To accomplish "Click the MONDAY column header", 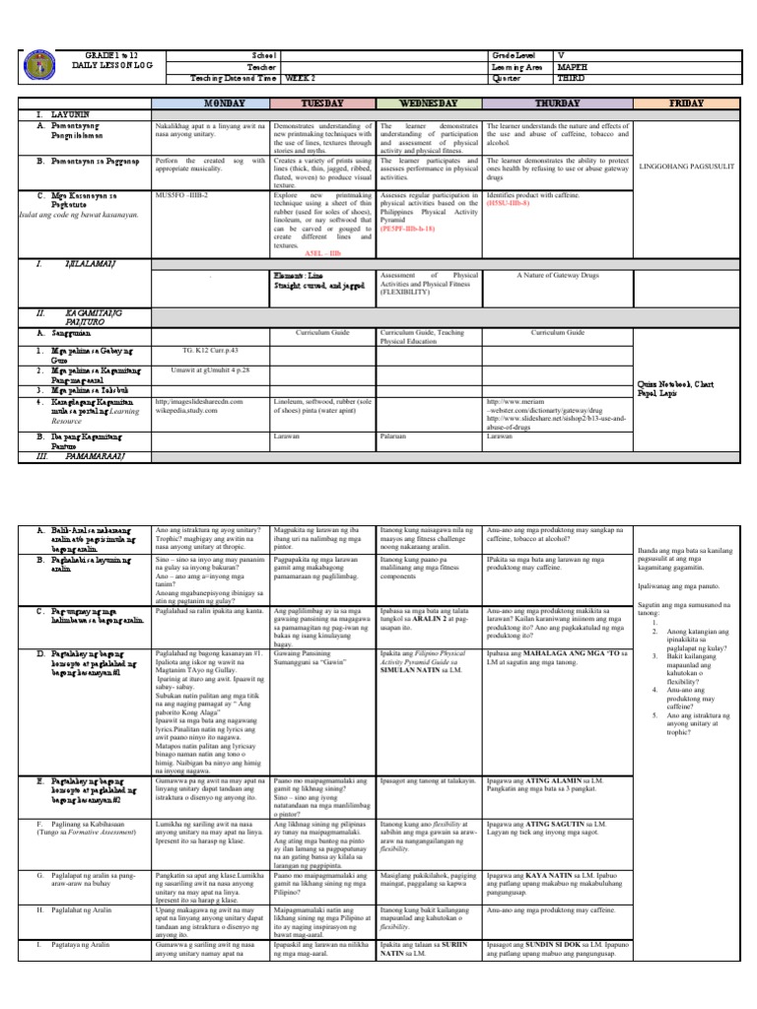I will pyautogui.click(x=210, y=103).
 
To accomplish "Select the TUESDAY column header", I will pyautogui.click(x=322, y=103).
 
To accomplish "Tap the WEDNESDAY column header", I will pyautogui.click(x=429, y=103).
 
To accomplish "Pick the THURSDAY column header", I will pyautogui.click(x=558, y=103).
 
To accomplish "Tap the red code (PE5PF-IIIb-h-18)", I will pyautogui.click(x=416, y=200).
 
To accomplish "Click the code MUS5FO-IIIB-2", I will pyautogui.click(x=184, y=168).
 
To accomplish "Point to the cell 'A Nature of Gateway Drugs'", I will pyautogui.click(x=558, y=277).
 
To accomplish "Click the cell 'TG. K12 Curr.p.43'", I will pyautogui.click(x=210, y=350).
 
